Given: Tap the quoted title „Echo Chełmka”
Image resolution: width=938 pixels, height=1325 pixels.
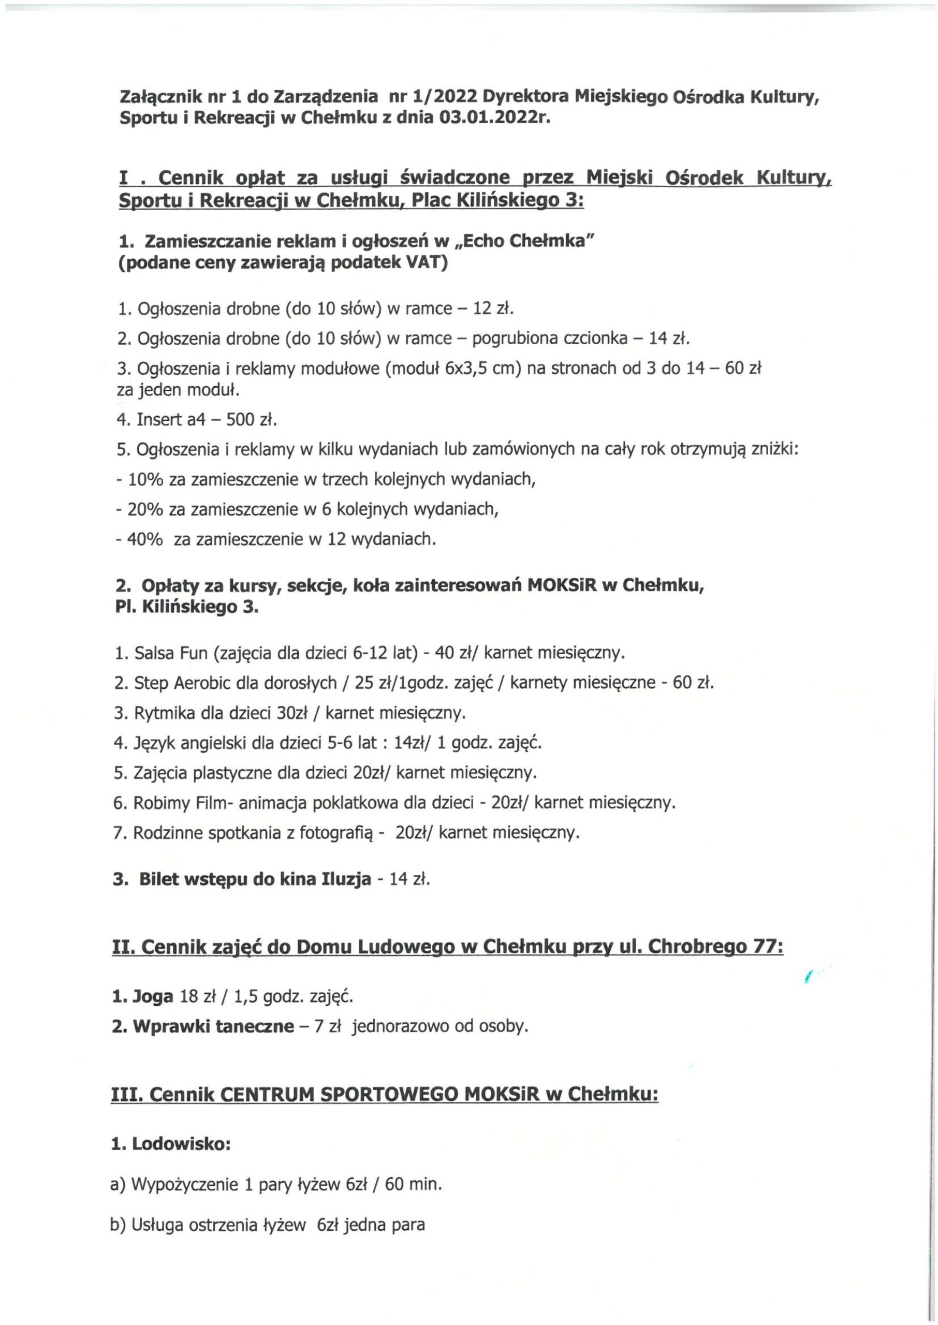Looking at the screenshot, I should click(525, 241).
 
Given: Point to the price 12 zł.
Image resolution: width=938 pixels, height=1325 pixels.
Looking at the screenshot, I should click(493, 309).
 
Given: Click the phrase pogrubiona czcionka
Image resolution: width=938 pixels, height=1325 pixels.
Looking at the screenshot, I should click(549, 338).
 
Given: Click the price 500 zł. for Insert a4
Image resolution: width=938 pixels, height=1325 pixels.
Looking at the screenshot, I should click(252, 420).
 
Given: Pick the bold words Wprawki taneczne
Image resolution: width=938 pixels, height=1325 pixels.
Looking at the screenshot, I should click(213, 1027).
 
